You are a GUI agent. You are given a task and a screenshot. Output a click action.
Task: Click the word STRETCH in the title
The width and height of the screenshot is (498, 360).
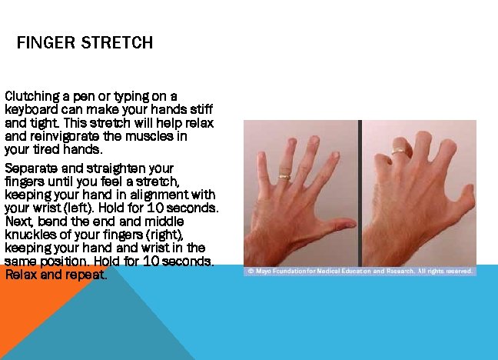coord(116,43)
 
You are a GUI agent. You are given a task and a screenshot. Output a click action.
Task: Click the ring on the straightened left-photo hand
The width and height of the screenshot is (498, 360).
coord(284,176)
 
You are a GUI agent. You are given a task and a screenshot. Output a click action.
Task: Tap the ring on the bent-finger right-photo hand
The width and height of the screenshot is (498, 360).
coord(398,152)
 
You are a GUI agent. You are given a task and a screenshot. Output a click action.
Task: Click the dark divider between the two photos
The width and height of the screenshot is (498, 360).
coord(360,193)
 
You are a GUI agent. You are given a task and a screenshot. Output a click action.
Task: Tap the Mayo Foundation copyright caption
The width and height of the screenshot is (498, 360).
coord(360,271)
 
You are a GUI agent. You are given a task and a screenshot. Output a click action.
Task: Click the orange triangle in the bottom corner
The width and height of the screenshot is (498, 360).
coord(31,323)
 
